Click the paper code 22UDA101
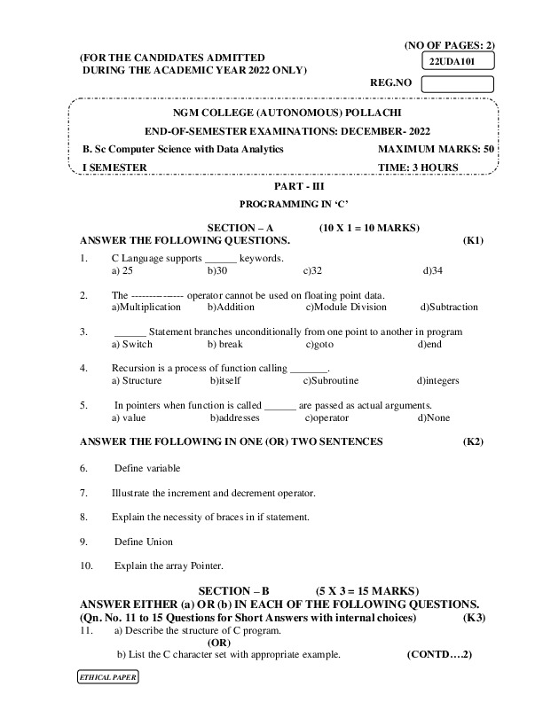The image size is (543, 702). (449, 62)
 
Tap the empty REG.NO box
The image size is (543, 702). (457, 85)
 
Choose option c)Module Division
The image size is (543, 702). (347, 308)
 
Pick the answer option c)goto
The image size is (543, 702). (319, 344)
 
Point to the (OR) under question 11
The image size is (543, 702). (223, 643)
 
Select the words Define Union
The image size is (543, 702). (144, 542)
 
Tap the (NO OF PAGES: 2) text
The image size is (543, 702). (449, 44)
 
